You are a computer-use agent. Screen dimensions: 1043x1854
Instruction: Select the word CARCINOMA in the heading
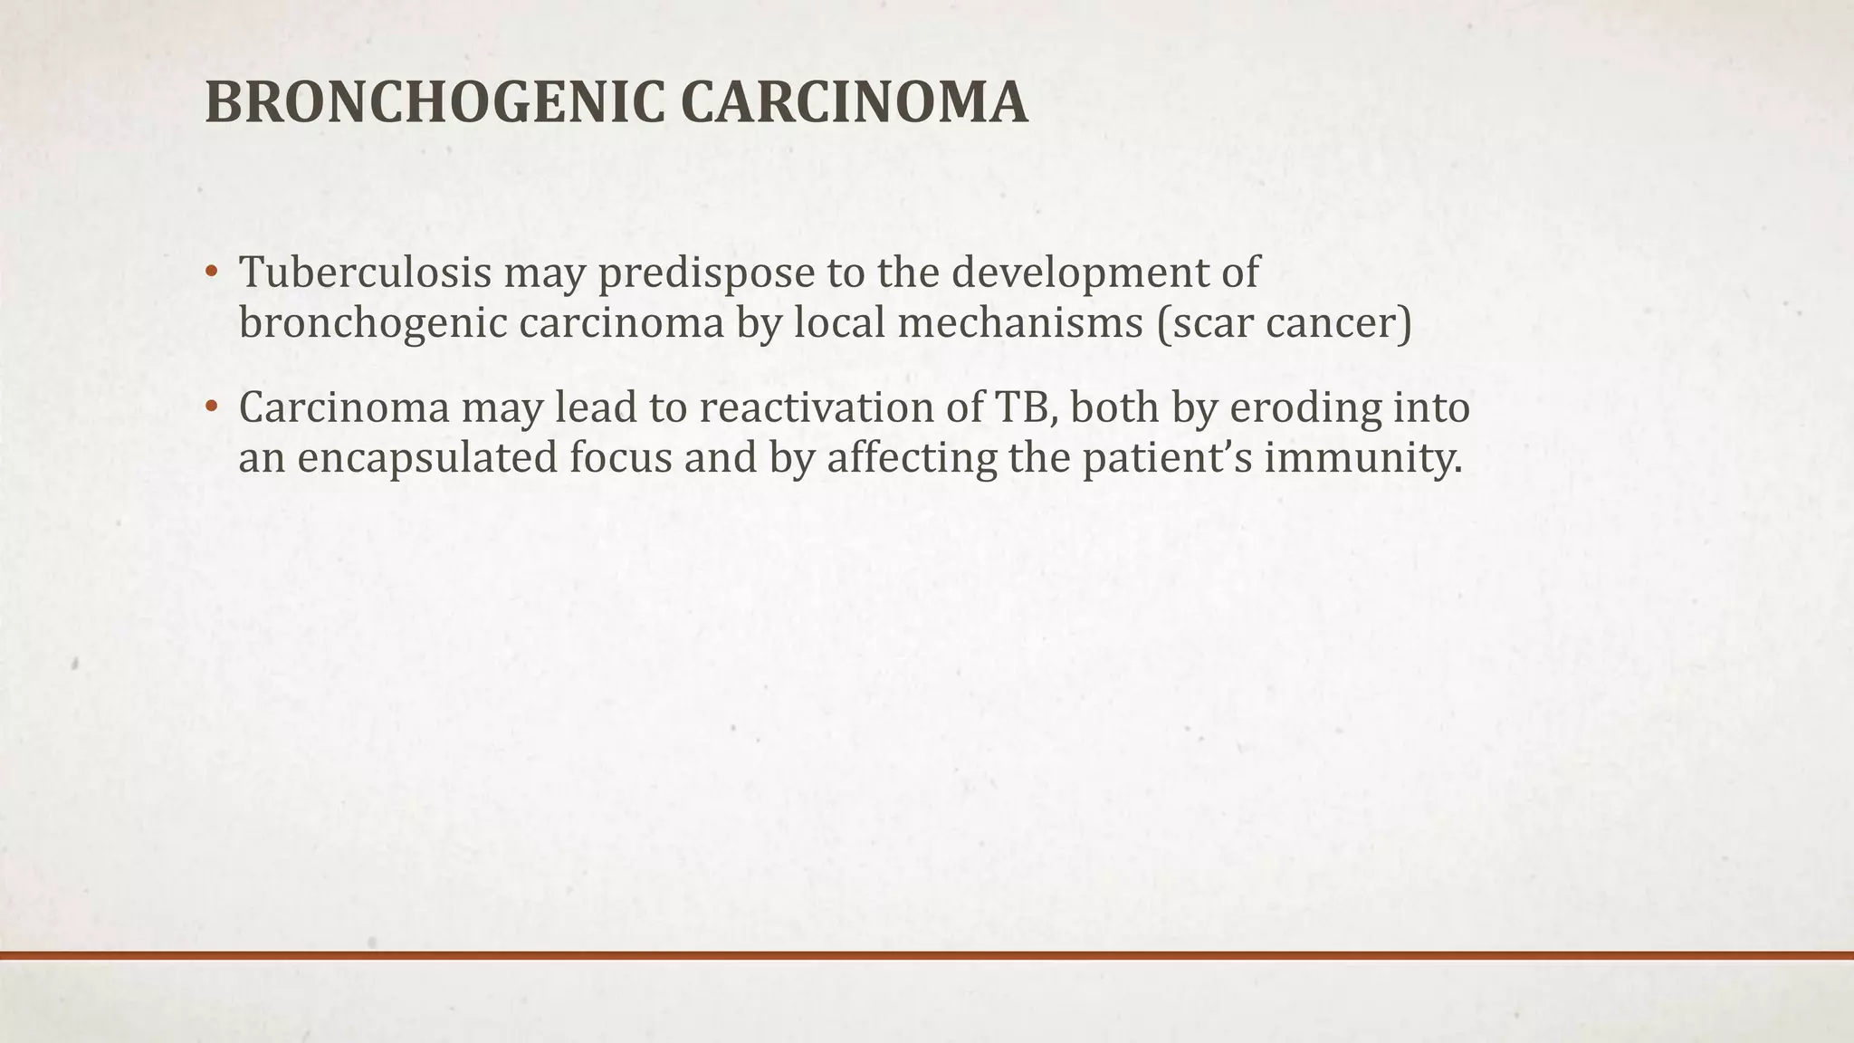pyautogui.click(x=854, y=102)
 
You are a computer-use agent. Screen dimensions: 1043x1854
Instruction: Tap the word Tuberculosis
pyautogui.click(x=365, y=273)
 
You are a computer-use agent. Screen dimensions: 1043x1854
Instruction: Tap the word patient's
pyautogui.click(x=1167, y=458)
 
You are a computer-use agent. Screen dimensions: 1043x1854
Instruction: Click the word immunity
pyautogui.click(x=1362, y=458)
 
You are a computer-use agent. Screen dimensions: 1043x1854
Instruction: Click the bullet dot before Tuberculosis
pyautogui.click(x=211, y=273)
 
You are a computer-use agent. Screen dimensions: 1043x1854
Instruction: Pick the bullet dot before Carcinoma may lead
pyautogui.click(x=211, y=408)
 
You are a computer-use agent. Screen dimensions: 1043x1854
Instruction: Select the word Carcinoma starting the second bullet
pyautogui.click(x=344, y=408)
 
